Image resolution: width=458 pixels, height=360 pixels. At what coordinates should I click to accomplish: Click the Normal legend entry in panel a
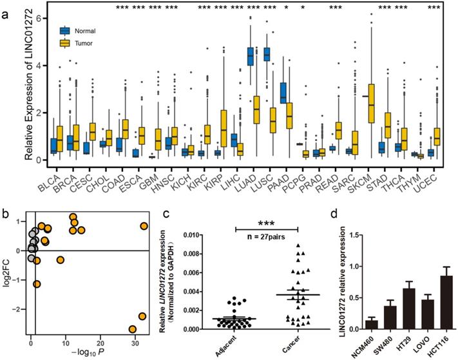(x=84, y=30)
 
